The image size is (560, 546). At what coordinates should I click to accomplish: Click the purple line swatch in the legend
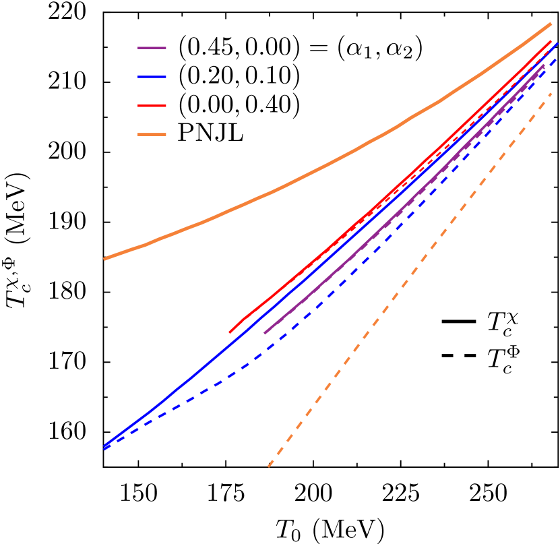point(152,48)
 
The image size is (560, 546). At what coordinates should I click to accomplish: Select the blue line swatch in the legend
point(152,77)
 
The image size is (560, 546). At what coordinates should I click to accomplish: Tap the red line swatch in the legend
point(152,106)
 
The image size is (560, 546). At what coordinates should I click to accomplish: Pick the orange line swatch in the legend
point(152,135)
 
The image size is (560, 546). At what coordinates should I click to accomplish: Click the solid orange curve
point(283,186)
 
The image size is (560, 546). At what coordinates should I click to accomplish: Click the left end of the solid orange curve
point(104,259)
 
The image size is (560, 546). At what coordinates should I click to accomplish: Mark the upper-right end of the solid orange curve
point(551,24)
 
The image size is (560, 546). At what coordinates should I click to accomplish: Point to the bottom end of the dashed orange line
point(268,466)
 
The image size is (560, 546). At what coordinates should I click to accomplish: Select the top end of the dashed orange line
point(552,93)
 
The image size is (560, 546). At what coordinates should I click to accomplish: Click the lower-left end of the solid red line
point(230,332)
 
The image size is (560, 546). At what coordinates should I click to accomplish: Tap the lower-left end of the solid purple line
point(264,333)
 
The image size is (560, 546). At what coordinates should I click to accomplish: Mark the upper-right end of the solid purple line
point(544,65)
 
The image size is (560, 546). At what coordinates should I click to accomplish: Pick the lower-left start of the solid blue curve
point(104,446)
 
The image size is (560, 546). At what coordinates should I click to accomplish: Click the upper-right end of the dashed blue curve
point(557,59)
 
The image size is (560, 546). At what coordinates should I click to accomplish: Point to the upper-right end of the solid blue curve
point(557,42)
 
